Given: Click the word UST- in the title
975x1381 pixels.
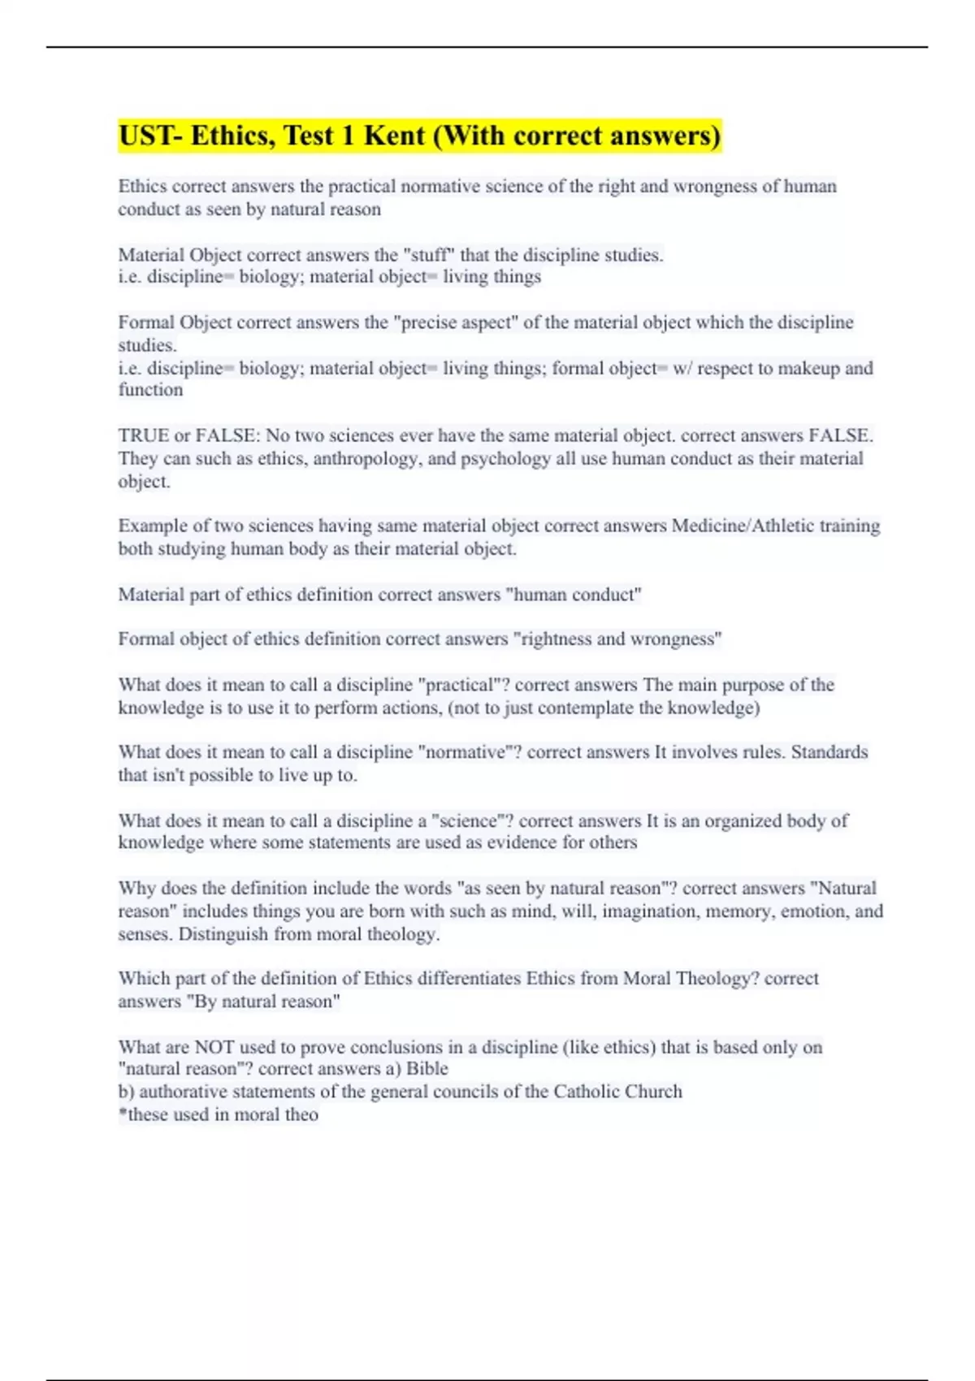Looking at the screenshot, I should [x=150, y=136].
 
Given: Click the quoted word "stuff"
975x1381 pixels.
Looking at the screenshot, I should [x=429, y=255].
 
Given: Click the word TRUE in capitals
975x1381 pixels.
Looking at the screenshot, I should [x=143, y=435].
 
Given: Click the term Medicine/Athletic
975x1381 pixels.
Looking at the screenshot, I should [x=743, y=526].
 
